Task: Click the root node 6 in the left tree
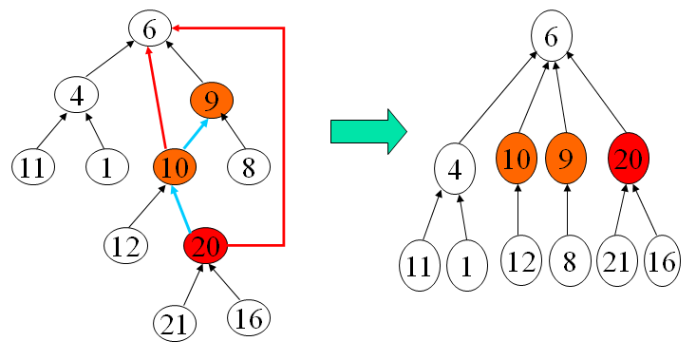pyautogui.click(x=149, y=30)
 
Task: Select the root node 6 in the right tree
pyautogui.click(x=551, y=39)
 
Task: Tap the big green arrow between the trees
pyautogui.click(x=367, y=130)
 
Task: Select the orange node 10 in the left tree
pyautogui.click(x=175, y=167)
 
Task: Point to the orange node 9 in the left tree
pyautogui.click(x=212, y=98)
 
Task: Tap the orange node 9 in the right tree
pyautogui.click(x=567, y=159)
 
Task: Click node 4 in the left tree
pyautogui.click(x=78, y=95)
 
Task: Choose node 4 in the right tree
pyautogui.click(x=456, y=169)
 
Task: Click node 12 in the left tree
pyautogui.click(x=126, y=246)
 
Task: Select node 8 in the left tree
pyautogui.click(x=250, y=168)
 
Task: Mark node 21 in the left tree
pyautogui.click(x=174, y=324)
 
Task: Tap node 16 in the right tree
pyautogui.click(x=664, y=261)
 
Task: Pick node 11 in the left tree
pyautogui.click(x=33, y=167)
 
